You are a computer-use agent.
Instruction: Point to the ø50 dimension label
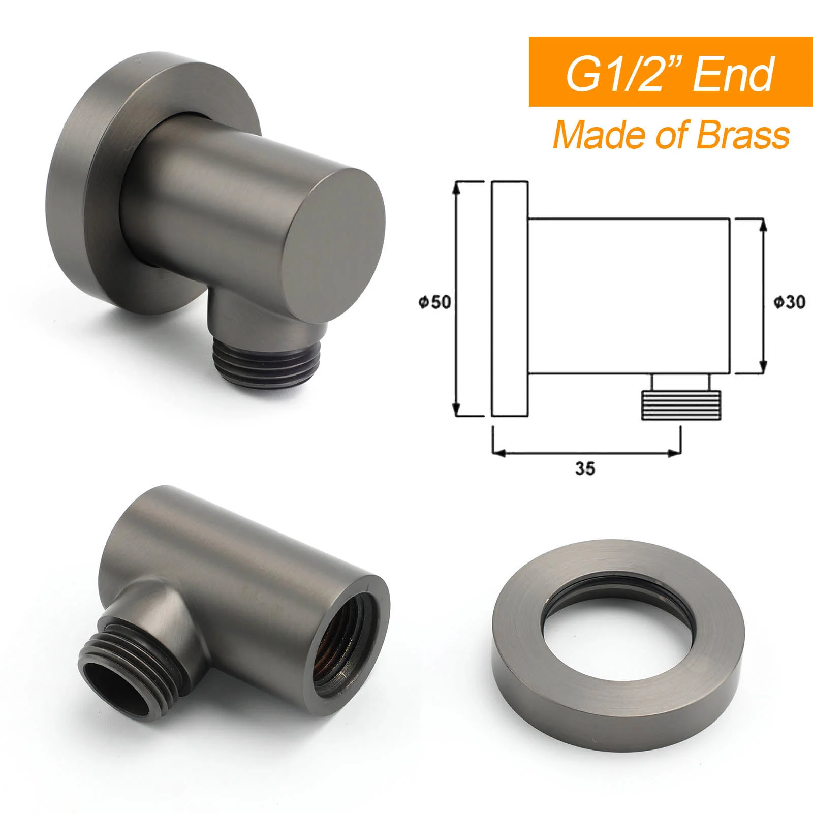(x=434, y=302)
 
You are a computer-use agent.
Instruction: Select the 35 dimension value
(x=585, y=468)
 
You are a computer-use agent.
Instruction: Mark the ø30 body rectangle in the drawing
(x=630, y=297)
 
